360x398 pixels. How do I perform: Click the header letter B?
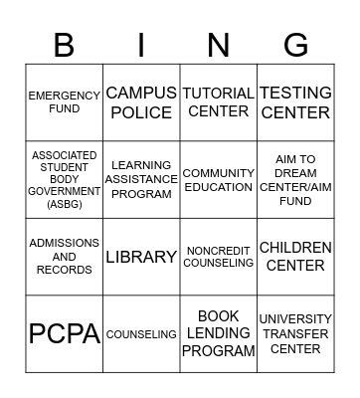(x=65, y=45)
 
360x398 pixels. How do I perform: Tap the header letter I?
(x=141, y=45)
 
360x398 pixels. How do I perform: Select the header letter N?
(x=218, y=45)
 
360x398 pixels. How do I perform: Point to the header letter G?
(x=295, y=45)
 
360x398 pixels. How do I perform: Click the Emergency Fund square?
(x=65, y=102)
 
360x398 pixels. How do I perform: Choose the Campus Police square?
(x=141, y=102)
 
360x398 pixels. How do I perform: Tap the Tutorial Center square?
(x=218, y=102)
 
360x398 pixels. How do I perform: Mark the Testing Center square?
(x=295, y=102)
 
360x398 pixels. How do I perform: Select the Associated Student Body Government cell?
(x=65, y=180)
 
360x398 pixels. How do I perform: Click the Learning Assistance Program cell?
(x=141, y=180)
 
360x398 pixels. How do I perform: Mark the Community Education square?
(x=218, y=180)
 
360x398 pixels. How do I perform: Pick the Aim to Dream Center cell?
(x=295, y=180)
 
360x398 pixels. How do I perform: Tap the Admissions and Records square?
(x=65, y=257)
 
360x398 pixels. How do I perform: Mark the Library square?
(x=141, y=257)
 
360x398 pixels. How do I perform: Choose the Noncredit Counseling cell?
(x=218, y=257)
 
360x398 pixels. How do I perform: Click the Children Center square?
(x=295, y=257)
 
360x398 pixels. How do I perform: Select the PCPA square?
(x=65, y=334)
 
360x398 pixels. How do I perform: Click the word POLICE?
(x=141, y=112)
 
